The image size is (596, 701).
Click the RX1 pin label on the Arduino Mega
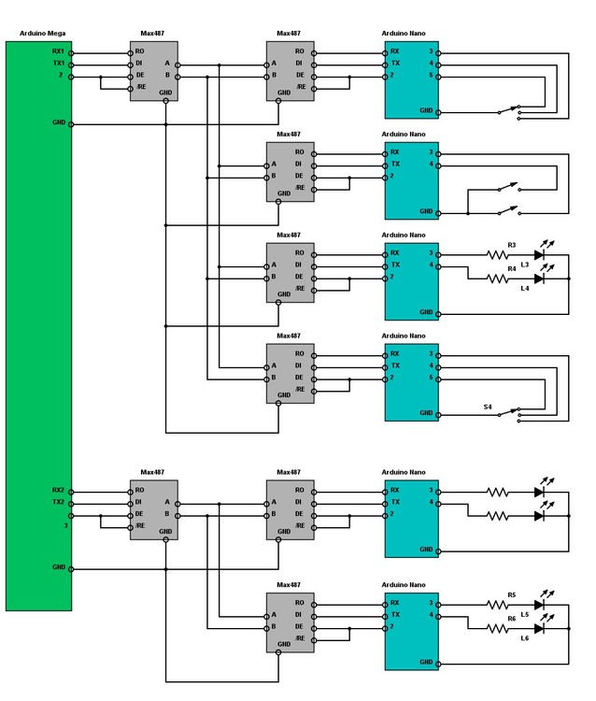tap(59, 52)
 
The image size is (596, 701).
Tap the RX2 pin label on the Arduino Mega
tap(59, 490)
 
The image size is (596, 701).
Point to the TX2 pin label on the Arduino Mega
tap(59, 502)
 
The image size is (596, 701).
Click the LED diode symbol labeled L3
tap(540, 254)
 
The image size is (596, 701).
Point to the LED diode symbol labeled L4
tap(540, 279)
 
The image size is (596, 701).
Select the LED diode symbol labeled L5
tap(540, 604)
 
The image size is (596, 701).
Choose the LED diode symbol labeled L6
tap(540, 628)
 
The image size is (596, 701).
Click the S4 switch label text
tap(488, 408)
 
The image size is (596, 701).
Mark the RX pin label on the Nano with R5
tap(394, 604)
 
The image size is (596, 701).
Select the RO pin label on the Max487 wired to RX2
tap(140, 490)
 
